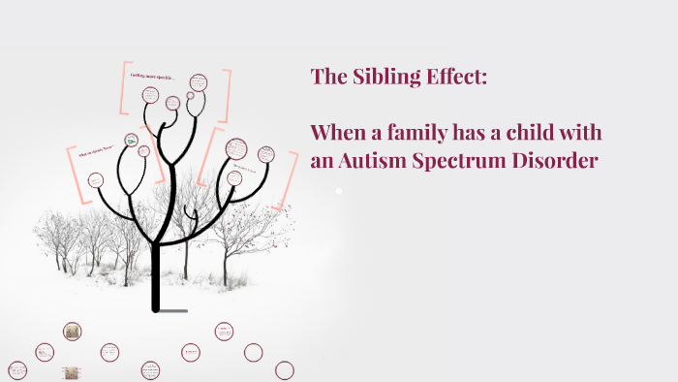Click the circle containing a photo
[x=72, y=332]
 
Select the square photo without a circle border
[x=71, y=371]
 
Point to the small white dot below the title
[x=338, y=191]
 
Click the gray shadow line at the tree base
[x=173, y=311]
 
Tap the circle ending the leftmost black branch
[x=96, y=179]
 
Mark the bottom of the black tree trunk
[x=155, y=308]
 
